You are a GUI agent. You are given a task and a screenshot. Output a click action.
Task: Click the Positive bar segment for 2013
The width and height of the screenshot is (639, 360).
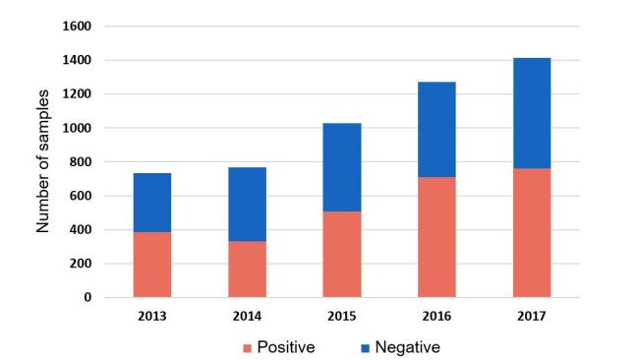(x=152, y=265)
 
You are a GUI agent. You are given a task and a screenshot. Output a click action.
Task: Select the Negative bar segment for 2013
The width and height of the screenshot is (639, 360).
(x=152, y=203)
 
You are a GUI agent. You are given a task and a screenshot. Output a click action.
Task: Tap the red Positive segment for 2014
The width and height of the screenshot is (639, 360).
(x=247, y=269)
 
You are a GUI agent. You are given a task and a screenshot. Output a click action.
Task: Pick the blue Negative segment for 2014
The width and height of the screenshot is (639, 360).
(x=247, y=204)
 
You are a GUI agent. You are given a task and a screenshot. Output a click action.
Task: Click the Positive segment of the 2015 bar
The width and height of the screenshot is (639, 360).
(x=342, y=254)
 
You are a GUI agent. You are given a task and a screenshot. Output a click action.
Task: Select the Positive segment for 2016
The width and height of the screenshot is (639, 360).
(x=436, y=237)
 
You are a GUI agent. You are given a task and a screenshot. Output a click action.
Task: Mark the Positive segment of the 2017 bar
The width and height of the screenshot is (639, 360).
(x=532, y=232)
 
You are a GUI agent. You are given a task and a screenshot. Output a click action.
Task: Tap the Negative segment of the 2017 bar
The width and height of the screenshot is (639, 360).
(x=532, y=113)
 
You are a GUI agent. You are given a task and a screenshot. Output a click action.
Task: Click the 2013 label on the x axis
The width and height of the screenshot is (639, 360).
(x=152, y=316)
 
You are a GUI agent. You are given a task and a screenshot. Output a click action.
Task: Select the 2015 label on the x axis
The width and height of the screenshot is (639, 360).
(x=342, y=316)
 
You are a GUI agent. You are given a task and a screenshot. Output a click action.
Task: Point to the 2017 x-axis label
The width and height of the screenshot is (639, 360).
(x=532, y=316)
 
